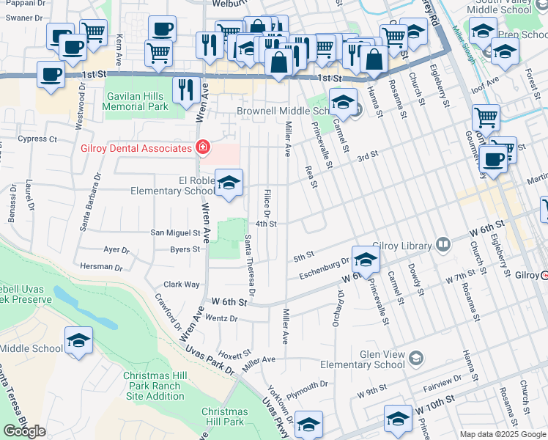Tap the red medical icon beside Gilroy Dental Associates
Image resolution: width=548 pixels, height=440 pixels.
(x=202, y=149)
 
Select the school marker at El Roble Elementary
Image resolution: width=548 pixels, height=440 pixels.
(x=229, y=184)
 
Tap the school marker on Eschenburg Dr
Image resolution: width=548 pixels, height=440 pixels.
(x=366, y=260)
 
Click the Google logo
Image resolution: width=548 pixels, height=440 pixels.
(x=25, y=431)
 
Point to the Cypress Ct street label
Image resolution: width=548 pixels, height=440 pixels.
(x=37, y=139)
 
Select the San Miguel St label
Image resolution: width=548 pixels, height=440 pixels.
(x=175, y=233)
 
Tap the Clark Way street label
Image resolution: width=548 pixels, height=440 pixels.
(x=182, y=284)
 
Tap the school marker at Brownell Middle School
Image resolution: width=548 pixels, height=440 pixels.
(x=342, y=103)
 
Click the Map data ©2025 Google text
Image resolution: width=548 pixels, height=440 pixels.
(x=503, y=434)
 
